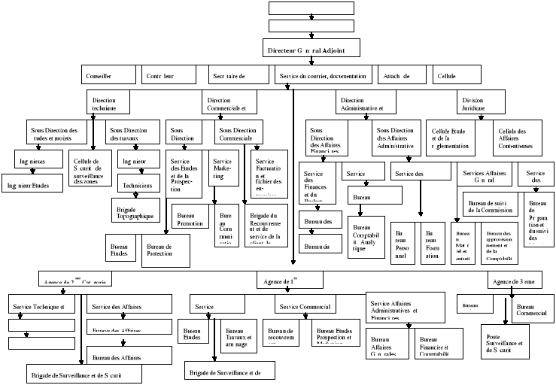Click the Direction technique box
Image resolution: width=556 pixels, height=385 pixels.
(x=108, y=104)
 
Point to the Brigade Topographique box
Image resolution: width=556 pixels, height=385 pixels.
(x=136, y=211)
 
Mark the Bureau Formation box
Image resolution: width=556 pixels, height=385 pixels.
(x=433, y=244)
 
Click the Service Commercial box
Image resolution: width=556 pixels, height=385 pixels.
(x=304, y=306)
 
